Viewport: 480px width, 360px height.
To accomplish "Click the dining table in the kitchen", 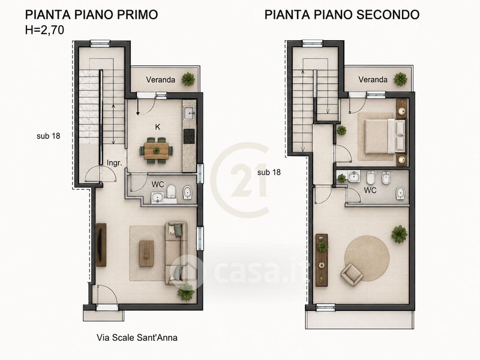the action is (156, 151).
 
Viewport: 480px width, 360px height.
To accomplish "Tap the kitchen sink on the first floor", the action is (190, 113).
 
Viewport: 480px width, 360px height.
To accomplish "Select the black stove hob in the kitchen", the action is (189, 136).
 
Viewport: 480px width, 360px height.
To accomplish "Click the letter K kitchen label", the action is (158, 127).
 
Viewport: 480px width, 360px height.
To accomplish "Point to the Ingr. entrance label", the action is (114, 163).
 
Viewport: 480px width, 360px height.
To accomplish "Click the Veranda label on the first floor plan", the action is (160, 80).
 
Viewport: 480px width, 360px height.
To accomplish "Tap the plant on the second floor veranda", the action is (400, 79).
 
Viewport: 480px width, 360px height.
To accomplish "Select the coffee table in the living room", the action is (146, 253).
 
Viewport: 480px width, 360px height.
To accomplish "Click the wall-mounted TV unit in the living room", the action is (101, 245).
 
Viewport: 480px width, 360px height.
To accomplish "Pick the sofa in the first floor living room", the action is (176, 253).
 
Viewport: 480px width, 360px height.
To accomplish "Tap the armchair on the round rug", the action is (352, 275).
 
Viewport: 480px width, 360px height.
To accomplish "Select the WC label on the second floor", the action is (370, 190).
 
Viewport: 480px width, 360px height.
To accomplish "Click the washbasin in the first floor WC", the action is (158, 198).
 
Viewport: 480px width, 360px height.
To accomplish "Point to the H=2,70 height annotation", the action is (44, 30).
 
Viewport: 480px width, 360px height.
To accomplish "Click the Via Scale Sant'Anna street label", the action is (137, 338).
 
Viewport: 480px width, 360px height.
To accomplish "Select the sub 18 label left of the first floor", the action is (49, 136).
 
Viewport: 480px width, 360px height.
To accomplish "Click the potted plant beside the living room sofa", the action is (186, 292).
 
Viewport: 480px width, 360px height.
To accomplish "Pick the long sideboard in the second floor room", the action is (322, 260).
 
